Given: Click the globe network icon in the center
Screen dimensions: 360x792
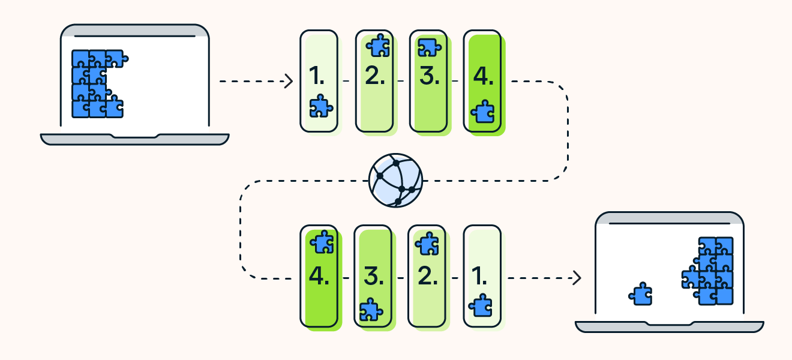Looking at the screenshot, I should point(395,180).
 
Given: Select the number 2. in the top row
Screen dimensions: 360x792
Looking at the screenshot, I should point(375,76).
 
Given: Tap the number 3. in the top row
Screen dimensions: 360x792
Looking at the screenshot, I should point(429,76).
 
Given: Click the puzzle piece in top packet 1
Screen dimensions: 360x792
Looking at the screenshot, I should point(320,106).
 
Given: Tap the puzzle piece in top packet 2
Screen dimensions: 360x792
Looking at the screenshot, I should point(378,45).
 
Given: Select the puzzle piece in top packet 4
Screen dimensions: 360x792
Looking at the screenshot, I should point(482,112).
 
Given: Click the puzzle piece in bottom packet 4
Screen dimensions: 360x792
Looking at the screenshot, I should point(322,241).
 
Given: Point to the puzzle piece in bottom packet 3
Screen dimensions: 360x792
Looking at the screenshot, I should point(371,310).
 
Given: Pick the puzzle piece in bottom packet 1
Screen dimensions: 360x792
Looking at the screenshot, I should point(481,305).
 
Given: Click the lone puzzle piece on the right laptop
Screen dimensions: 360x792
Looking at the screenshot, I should point(641,294).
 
